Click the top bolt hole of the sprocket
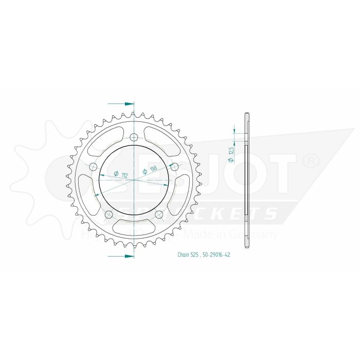click(x=134, y=137)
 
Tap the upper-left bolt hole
click(x=93, y=167)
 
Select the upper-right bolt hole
click(x=174, y=167)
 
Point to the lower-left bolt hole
click(x=109, y=214)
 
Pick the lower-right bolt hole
click(x=159, y=214)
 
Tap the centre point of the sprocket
click(x=134, y=180)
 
